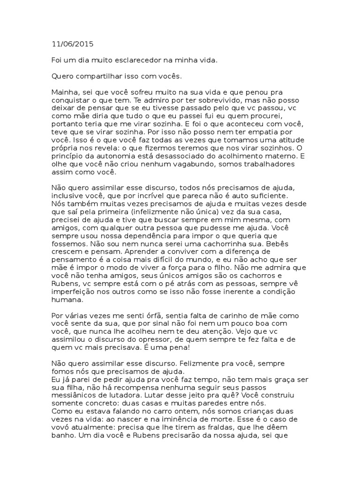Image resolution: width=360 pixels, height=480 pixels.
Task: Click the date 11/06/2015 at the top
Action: click(72, 45)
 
